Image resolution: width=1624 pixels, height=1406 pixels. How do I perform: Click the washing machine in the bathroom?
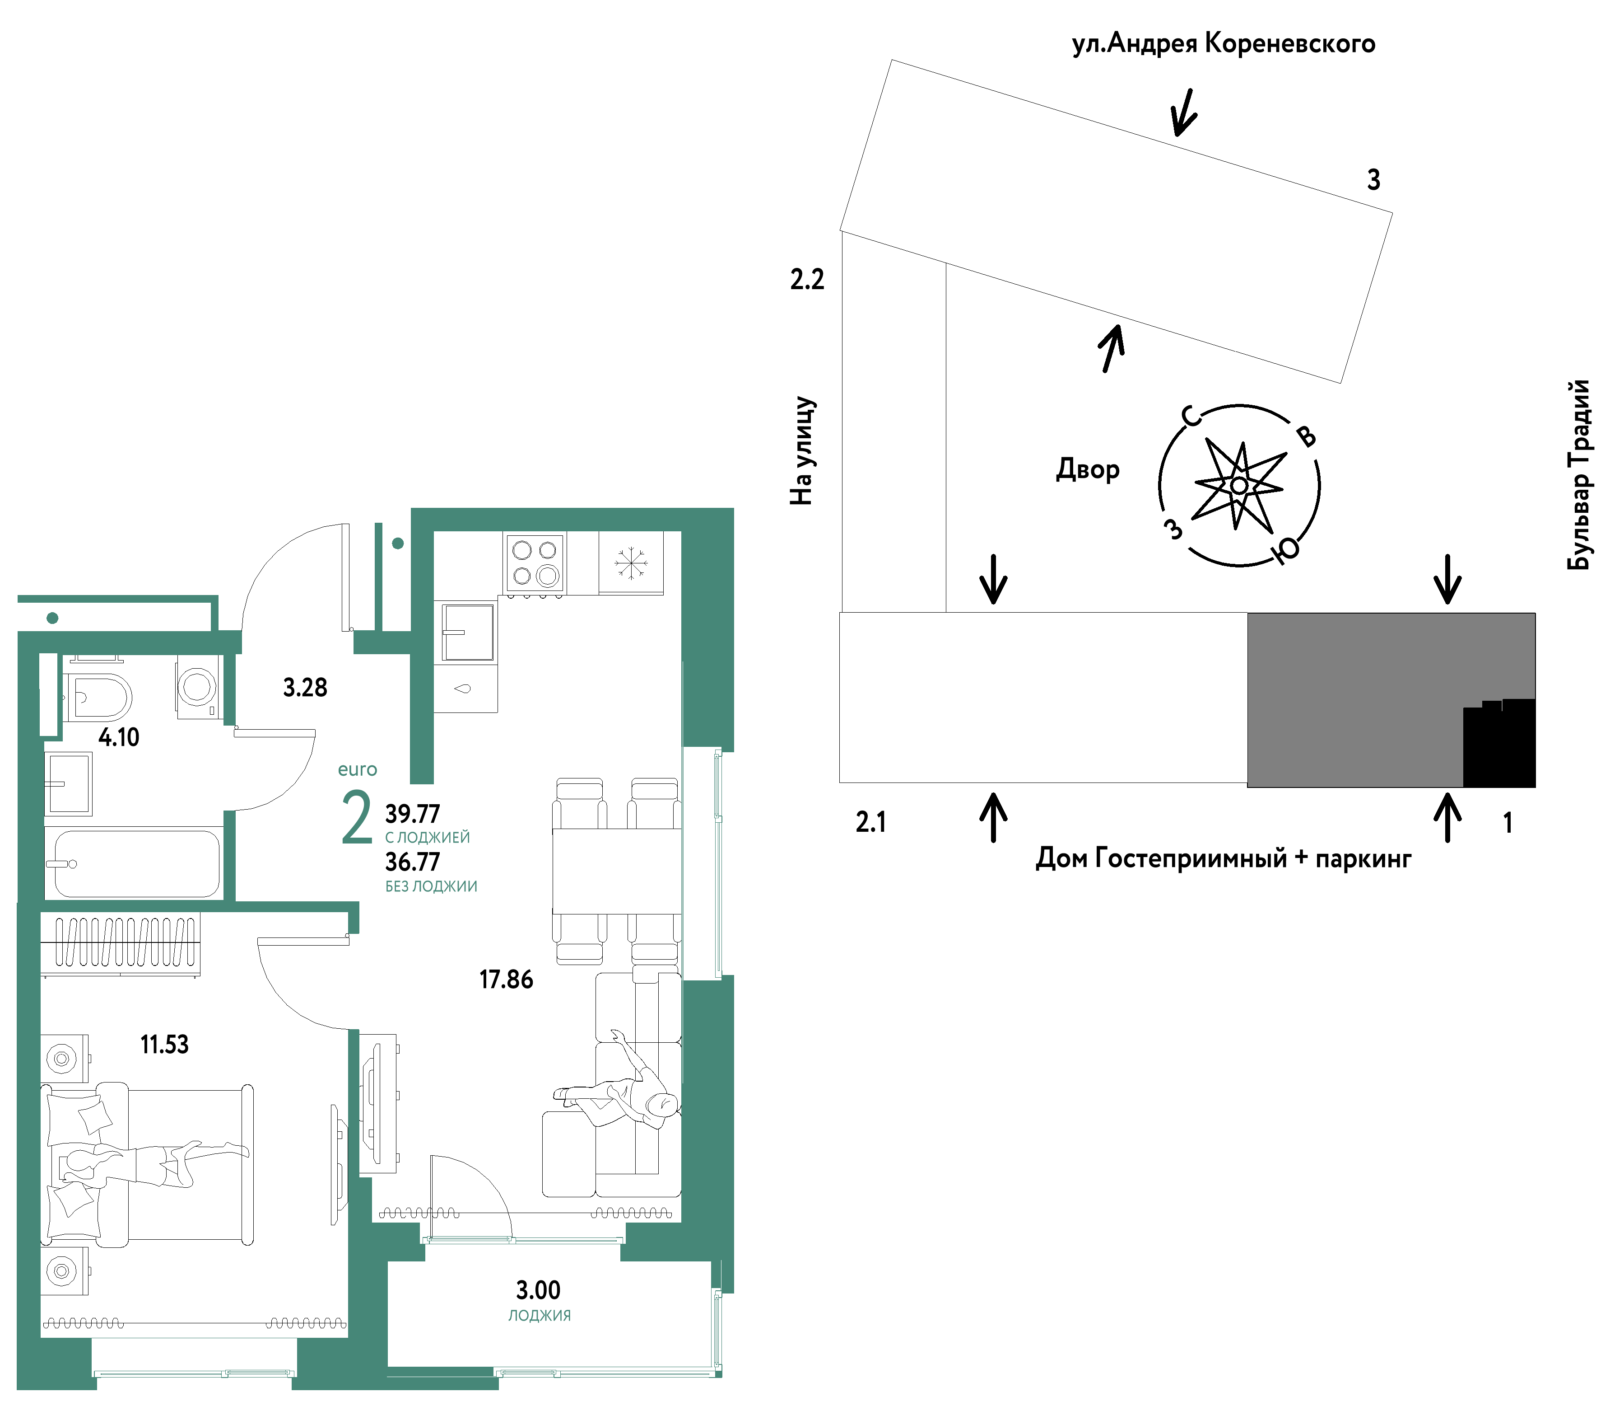197,687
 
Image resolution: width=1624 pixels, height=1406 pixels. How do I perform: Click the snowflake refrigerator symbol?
630,562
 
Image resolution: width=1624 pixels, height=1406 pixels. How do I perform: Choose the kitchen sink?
468,632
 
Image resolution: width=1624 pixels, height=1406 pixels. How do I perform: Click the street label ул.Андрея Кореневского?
1223,44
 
